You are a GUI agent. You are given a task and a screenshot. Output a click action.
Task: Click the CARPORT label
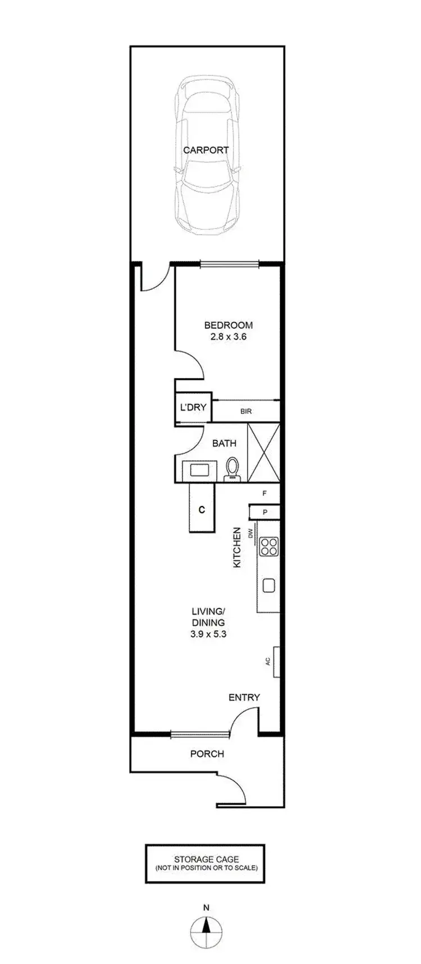(206, 150)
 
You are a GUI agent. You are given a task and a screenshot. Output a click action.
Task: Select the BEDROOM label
(228, 325)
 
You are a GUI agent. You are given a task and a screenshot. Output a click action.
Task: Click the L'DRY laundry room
(193, 407)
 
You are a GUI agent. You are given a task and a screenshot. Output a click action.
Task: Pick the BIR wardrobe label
(246, 411)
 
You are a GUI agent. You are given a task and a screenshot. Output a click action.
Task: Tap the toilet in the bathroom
(231, 469)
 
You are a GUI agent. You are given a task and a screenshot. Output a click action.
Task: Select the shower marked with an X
(263, 453)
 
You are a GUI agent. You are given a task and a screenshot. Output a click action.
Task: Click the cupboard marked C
(201, 509)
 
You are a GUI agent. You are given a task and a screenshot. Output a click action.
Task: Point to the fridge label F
(264, 494)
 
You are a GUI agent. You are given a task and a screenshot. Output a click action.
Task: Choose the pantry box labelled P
(264, 512)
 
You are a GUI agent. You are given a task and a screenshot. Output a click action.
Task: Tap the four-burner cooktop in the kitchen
(268, 547)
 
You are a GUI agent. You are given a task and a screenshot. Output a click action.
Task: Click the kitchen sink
(269, 585)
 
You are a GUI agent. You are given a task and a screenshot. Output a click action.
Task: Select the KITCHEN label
(237, 547)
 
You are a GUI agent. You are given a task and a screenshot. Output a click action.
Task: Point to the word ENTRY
(244, 697)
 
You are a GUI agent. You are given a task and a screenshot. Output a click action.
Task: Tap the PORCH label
(207, 754)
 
